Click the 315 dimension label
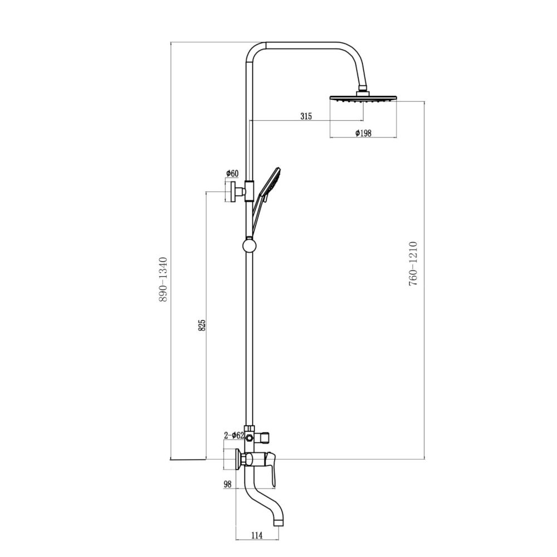click(306, 116)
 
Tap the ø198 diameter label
click(363, 133)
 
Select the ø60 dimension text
click(232, 174)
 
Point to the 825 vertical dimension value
click(202, 325)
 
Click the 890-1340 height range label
click(163, 279)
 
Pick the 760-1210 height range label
click(413, 263)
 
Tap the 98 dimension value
click(227, 485)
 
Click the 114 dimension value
click(256, 536)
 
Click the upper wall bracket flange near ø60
click(230, 191)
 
